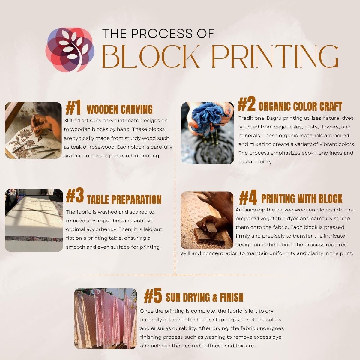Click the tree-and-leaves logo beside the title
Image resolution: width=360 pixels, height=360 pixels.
click(70, 50)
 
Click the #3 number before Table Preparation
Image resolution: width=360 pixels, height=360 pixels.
click(75, 196)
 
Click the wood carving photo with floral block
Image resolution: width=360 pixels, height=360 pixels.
click(33, 130)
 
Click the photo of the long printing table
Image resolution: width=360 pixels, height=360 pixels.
click(34, 220)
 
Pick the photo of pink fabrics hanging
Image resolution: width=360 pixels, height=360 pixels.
click(106, 319)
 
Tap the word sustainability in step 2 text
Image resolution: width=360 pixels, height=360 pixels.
click(255, 162)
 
